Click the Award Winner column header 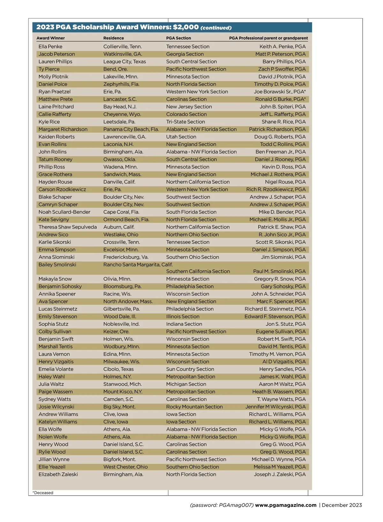point(50,38)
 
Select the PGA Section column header point(178,38)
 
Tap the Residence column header point(113,38)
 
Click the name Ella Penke point(50,47)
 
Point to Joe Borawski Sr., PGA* point(280,92)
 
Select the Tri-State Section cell point(185,122)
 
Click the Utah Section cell point(181,137)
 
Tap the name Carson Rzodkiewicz point(62,189)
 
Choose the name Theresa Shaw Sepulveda point(68,227)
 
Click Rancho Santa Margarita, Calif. point(138,265)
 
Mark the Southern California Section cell point(198,271)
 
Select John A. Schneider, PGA point(278,294)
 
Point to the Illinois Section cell point(183,316)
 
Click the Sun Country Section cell point(190,369)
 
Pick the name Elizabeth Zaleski point(58,474)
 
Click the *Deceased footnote point(43,493)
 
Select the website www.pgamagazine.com point(286,505)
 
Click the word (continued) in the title point(216,28)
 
